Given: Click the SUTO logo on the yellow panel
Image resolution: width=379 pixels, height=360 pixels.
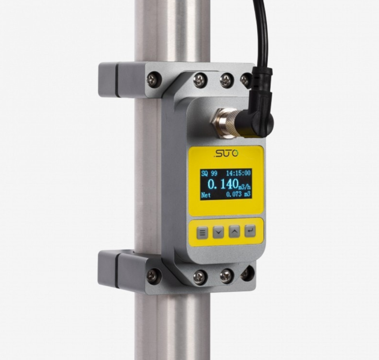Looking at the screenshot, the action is click(x=226, y=153).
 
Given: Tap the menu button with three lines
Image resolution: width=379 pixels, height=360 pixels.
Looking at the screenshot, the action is click(x=202, y=233).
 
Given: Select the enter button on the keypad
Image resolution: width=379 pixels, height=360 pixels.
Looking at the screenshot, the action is click(x=250, y=231).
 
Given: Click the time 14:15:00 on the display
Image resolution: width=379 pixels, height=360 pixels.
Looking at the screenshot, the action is click(x=238, y=173).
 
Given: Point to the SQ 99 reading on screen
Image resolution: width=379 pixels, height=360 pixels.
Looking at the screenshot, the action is click(x=209, y=173).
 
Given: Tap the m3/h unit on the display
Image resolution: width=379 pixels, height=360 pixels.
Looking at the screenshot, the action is click(x=244, y=187).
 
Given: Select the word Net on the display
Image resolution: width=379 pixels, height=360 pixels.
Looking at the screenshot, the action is click(x=206, y=195).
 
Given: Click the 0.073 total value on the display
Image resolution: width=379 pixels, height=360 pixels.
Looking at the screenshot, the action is click(x=234, y=194).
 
